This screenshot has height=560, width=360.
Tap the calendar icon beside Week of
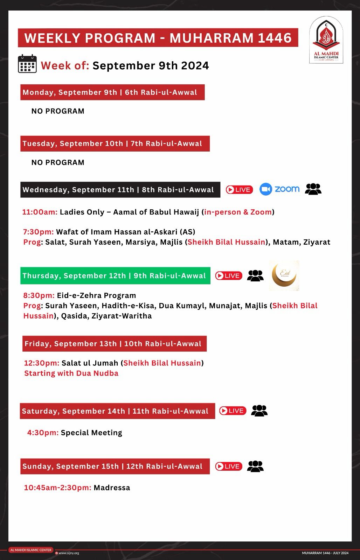click(27, 64)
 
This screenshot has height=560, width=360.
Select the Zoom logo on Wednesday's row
click(279, 189)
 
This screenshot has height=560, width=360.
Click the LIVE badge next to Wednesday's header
click(239, 190)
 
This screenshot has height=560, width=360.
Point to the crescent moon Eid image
click(284, 275)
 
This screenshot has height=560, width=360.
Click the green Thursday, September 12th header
click(115, 276)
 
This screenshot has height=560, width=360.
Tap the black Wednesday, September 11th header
click(120, 190)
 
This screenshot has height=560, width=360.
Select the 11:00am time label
click(40, 212)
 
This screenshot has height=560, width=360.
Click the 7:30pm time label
click(39, 232)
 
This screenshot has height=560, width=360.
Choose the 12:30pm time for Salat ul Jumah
click(42, 363)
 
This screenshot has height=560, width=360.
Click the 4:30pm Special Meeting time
click(43, 433)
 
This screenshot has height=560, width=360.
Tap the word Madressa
click(112, 488)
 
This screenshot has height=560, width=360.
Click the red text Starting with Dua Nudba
click(71, 373)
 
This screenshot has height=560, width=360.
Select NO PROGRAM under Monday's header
click(58, 111)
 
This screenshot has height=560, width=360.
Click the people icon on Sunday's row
click(255, 466)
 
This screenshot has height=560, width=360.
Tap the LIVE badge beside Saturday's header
click(233, 411)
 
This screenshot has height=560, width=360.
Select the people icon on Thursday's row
click(255, 275)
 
